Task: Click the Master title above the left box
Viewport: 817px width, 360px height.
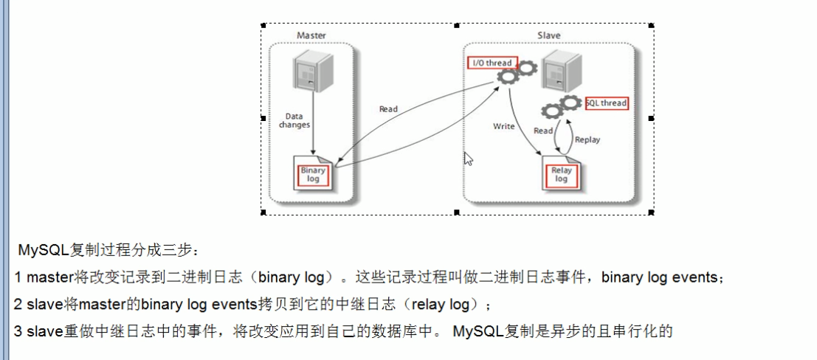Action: coord(311,35)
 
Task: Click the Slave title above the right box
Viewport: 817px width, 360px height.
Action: coord(548,35)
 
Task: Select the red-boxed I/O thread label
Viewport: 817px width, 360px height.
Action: coord(492,63)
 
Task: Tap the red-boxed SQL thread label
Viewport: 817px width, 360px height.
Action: coord(606,103)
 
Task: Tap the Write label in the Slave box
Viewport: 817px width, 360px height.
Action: coord(504,127)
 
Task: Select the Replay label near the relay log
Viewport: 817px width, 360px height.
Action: coord(587,139)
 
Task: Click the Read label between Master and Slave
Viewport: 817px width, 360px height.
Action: coord(388,109)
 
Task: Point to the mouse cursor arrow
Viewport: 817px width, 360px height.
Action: coord(467,158)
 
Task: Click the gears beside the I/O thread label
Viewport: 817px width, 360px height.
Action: coord(516,72)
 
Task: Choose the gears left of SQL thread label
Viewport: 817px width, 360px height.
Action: coord(560,107)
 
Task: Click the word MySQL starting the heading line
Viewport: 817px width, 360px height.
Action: coord(44,250)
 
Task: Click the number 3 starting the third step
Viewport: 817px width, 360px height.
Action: coord(18,331)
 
